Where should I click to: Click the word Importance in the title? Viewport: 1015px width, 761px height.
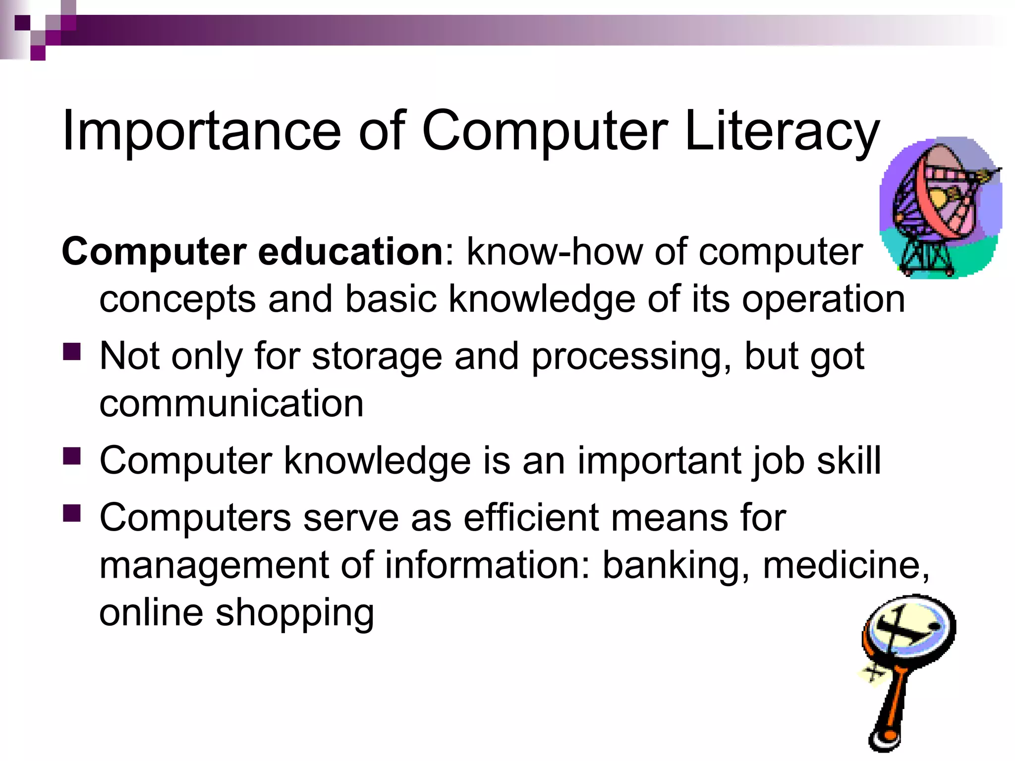coord(201,131)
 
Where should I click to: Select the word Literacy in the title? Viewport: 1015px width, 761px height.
coord(782,131)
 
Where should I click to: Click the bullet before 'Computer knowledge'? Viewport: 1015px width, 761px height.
coord(72,456)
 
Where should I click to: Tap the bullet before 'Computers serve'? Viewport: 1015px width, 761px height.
coord(72,513)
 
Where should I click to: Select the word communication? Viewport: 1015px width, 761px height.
coord(231,403)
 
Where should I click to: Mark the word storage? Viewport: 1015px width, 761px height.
coord(377,357)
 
